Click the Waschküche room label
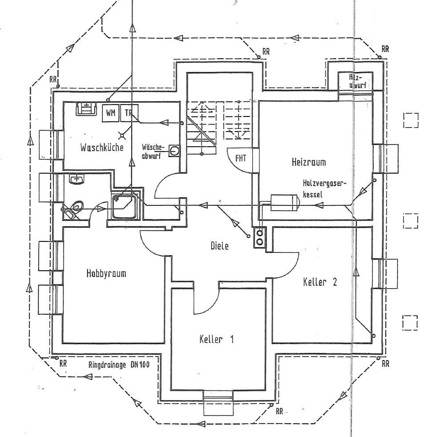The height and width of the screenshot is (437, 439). coord(102,147)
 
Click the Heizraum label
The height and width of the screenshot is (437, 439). coord(309,162)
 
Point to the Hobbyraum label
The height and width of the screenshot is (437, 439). coord(106,273)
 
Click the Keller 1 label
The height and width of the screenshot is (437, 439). coord(216,340)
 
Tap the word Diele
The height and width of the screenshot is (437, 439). coord(220,245)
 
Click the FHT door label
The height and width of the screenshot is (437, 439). coord(241,157)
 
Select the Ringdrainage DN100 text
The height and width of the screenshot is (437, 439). coord(119,365)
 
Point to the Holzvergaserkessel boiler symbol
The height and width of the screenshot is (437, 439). coord(284,203)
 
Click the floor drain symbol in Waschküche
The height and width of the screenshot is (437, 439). coord(122,135)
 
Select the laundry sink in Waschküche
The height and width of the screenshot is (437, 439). coord(87,108)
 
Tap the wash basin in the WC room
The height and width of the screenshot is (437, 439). coord(78,180)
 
